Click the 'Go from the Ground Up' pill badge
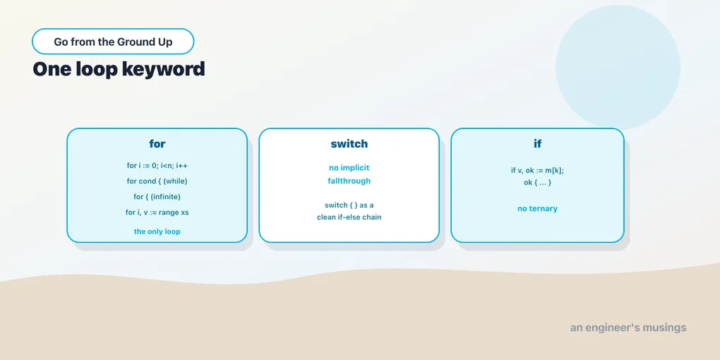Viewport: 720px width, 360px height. pos(113,42)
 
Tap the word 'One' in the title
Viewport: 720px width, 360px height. pos(51,69)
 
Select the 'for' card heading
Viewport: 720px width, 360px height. pos(157,144)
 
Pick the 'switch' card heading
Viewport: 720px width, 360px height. pos(349,144)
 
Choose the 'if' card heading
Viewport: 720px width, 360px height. pos(537,144)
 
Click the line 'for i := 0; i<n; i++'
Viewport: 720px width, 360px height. pos(157,165)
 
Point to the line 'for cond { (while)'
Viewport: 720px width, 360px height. pos(157,181)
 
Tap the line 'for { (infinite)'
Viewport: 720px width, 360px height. pos(157,196)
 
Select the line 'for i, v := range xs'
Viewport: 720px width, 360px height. pos(157,212)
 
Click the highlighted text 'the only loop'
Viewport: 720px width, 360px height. pos(157,232)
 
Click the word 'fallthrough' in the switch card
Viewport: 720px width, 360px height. pos(349,181)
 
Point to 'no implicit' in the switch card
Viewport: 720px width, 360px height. pos(349,167)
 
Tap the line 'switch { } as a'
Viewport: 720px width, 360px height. pos(349,205)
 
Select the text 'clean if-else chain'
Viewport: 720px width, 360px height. pos(349,217)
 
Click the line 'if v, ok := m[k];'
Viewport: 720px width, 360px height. pos(537,170)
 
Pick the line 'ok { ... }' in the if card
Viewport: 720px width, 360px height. pos(537,182)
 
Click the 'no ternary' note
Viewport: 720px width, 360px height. pos(537,208)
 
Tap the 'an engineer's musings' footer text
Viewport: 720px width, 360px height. pos(628,328)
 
